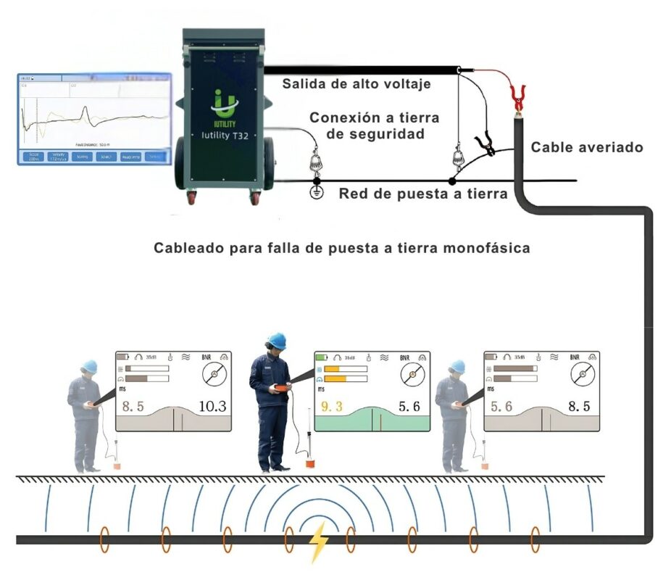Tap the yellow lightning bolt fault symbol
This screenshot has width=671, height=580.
(318, 542)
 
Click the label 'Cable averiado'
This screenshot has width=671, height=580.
(587, 147)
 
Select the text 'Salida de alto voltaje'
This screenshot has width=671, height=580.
(357, 84)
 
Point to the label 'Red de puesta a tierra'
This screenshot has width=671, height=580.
(422, 194)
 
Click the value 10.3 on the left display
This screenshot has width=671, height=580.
(212, 406)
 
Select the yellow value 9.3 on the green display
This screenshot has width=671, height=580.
(331, 407)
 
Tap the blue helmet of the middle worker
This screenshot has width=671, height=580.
(275, 340)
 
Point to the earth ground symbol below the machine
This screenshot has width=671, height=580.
(315, 194)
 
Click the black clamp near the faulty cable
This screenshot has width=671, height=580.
(485, 146)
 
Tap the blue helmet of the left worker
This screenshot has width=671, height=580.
(89, 367)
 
